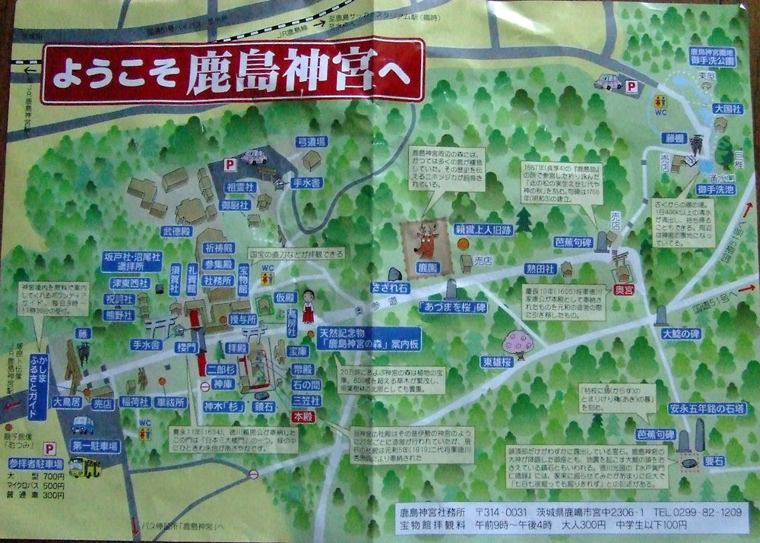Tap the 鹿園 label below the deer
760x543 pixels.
coord(426,268)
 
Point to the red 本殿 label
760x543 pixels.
coord(302,417)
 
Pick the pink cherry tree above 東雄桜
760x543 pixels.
coord(519,342)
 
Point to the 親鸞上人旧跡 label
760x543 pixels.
coord(483,229)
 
